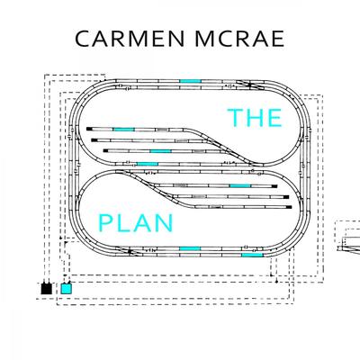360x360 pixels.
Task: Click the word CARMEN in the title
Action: [x=130, y=39]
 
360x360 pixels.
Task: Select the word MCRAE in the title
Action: [x=239, y=39]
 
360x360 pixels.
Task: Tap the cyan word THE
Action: [x=255, y=117]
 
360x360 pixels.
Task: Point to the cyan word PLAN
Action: [x=136, y=223]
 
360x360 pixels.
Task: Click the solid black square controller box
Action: [x=47, y=289]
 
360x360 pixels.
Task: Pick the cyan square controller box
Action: [x=67, y=289]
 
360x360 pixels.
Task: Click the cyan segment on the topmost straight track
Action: [x=190, y=81]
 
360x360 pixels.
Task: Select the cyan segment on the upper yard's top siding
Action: [x=123, y=130]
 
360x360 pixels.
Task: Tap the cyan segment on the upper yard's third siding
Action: [x=160, y=151]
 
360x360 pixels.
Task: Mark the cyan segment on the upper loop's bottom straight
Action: [x=148, y=164]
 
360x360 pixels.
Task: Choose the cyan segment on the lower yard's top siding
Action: [x=240, y=186]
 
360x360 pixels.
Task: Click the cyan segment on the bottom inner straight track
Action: [x=190, y=248]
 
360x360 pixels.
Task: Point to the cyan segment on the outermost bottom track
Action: [x=252, y=255]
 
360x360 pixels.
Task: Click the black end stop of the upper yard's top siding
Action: [x=89, y=129]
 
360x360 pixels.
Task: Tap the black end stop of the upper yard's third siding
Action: [x=105, y=151]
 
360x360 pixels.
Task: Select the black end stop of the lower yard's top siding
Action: [x=274, y=186]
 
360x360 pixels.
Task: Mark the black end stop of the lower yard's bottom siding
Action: [x=289, y=207]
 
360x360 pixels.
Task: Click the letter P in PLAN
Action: [x=104, y=223]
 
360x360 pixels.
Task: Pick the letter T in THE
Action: [x=235, y=117]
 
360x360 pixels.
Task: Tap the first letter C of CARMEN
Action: [x=82, y=39]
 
